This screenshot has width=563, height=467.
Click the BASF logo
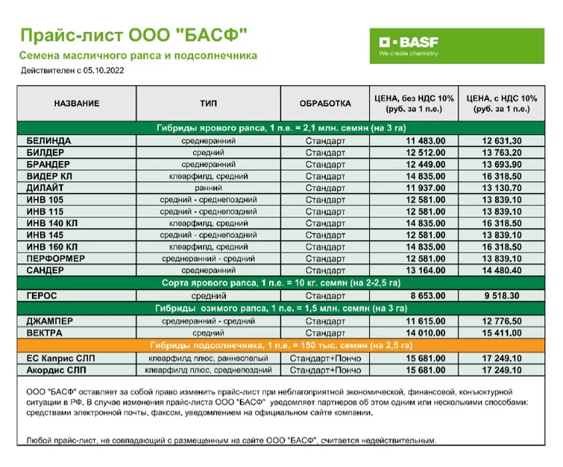tap(457, 46)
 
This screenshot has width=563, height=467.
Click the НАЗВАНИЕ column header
tap(76, 103)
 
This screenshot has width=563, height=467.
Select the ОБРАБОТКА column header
tap(325, 103)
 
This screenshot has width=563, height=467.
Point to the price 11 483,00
tap(426, 141)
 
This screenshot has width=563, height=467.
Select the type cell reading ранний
tap(208, 188)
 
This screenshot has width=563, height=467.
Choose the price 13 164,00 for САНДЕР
tap(426, 271)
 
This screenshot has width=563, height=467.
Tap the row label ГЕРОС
tap(42, 297)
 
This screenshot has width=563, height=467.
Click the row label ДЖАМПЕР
tap(50, 321)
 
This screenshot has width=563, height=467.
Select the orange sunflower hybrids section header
tap(281, 345)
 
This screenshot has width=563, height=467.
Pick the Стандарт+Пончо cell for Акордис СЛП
tap(325, 370)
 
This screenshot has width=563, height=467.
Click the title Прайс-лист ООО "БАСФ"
tap(133, 35)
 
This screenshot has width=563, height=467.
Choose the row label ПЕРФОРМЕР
tap(55, 259)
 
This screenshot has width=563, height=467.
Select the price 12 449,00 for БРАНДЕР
tap(426, 164)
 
